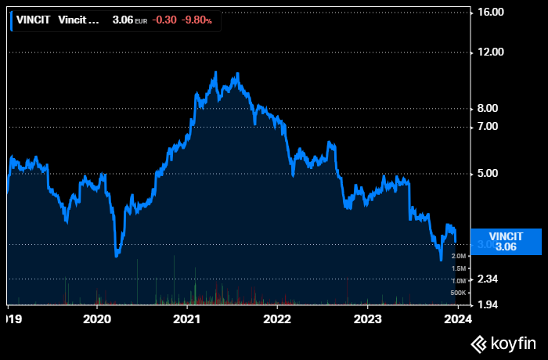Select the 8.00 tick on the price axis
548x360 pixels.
click(494, 109)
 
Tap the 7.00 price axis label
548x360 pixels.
click(494, 126)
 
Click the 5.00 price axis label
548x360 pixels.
click(494, 173)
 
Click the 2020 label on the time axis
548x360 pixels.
click(97, 319)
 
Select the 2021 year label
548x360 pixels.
click(187, 319)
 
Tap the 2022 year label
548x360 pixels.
click(277, 319)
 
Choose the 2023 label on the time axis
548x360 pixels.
click(368, 319)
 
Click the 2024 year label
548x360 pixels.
click(458, 319)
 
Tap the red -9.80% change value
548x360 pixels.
click(196, 20)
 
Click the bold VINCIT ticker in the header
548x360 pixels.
click(34, 20)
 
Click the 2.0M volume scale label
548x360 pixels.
click(459, 256)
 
